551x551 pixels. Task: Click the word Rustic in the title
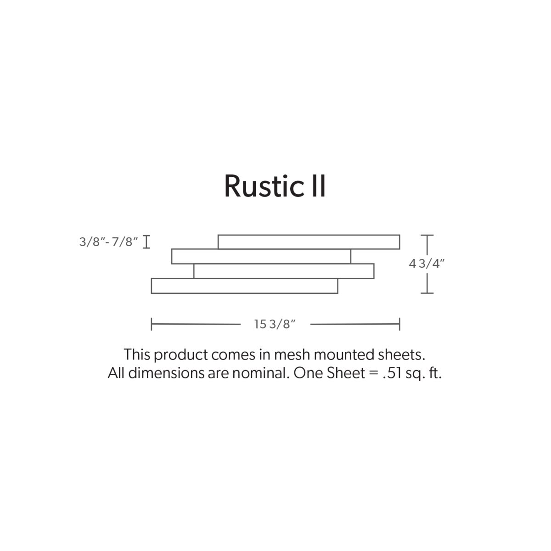point(264,186)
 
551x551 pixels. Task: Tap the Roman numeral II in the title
point(319,186)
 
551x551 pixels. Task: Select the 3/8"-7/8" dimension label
point(109,242)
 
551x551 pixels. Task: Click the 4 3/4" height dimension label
point(427,264)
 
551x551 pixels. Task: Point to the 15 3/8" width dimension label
point(275,324)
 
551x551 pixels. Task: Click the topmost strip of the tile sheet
point(309,242)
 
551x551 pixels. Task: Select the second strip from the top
point(261,257)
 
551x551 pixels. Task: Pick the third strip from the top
point(284,271)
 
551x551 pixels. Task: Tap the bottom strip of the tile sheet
point(244,286)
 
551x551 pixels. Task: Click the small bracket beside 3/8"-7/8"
point(146,242)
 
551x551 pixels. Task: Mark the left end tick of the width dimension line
point(151,324)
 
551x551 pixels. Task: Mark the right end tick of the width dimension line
point(400,324)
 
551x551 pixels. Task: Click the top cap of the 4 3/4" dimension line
point(427,235)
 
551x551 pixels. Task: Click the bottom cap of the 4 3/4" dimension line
point(427,293)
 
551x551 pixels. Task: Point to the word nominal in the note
point(260,373)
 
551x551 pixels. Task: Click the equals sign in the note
point(374,373)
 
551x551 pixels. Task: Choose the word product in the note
point(181,355)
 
